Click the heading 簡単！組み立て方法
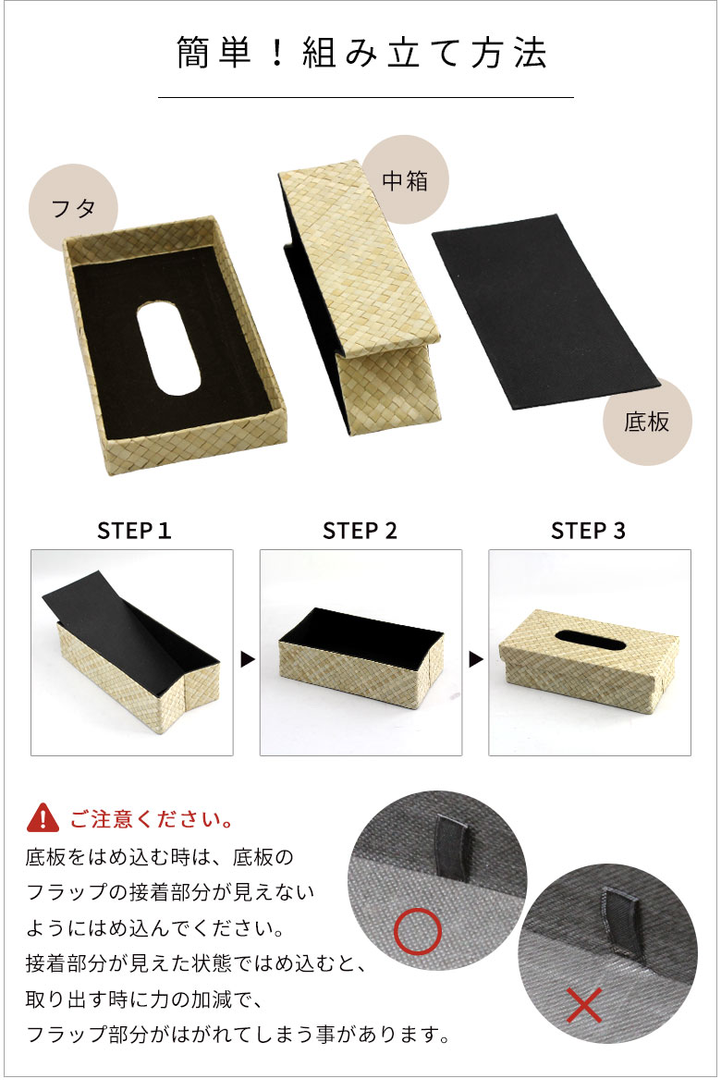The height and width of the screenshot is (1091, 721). click(x=361, y=54)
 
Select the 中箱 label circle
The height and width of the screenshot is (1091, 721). click(x=405, y=180)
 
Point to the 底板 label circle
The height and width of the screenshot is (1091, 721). click(x=646, y=423)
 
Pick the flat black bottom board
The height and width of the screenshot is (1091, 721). click(x=545, y=310)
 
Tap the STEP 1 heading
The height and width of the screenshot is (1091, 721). click(x=134, y=531)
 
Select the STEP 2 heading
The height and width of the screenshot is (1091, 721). click(x=360, y=531)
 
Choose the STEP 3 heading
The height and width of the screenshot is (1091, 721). click(x=588, y=531)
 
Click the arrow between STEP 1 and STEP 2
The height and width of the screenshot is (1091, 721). click(x=247, y=659)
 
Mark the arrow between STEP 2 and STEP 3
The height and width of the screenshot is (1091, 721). click(x=475, y=659)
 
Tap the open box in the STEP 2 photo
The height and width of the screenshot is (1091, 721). click(x=360, y=656)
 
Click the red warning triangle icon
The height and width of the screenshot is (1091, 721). click(x=43, y=818)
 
